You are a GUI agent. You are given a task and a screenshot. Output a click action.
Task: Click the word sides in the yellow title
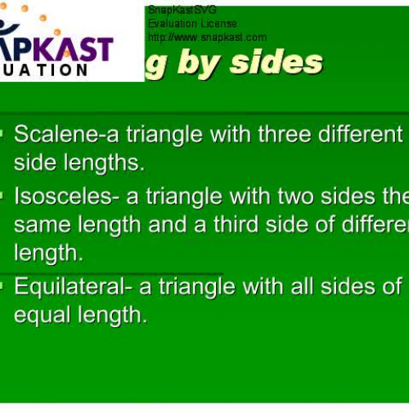pyautogui.click(x=276, y=62)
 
